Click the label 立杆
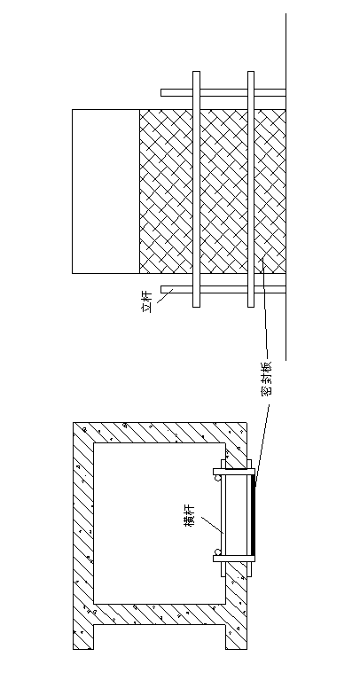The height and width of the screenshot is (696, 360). pyautogui.click(x=147, y=301)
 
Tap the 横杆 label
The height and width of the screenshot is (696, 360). pyautogui.click(x=189, y=515)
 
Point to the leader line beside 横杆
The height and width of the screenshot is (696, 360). pyautogui.click(x=212, y=524)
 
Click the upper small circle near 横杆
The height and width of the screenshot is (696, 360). pyautogui.click(x=217, y=478)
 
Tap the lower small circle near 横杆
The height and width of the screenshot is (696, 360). pyautogui.click(x=217, y=552)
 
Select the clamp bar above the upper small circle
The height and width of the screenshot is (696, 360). pyautogui.click(x=234, y=472)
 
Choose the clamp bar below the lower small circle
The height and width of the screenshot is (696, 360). pyautogui.click(x=234, y=559)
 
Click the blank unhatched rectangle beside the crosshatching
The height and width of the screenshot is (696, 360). pyautogui.click(x=106, y=192)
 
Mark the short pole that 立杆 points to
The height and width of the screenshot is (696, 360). pyautogui.click(x=223, y=289)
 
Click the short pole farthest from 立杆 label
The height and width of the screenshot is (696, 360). pyautogui.click(x=223, y=93)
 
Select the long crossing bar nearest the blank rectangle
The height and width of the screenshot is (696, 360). pyautogui.click(x=196, y=189)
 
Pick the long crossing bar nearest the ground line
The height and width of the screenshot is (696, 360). pyautogui.click(x=251, y=189)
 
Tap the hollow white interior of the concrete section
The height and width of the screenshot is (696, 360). pyautogui.click(x=159, y=523)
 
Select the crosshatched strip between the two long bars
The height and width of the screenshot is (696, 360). pyautogui.click(x=223, y=192)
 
